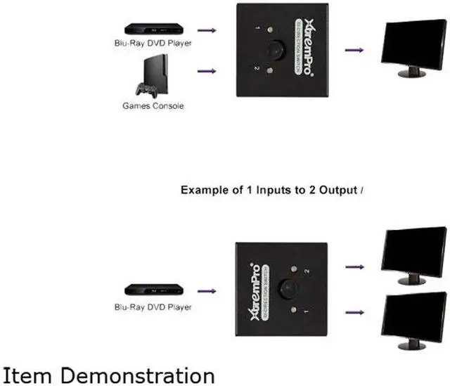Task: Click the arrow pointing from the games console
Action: [x=206, y=71]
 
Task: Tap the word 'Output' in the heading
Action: [x=338, y=190]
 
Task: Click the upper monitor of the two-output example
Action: [x=413, y=255]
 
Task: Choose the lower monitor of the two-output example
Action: [x=413, y=319]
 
